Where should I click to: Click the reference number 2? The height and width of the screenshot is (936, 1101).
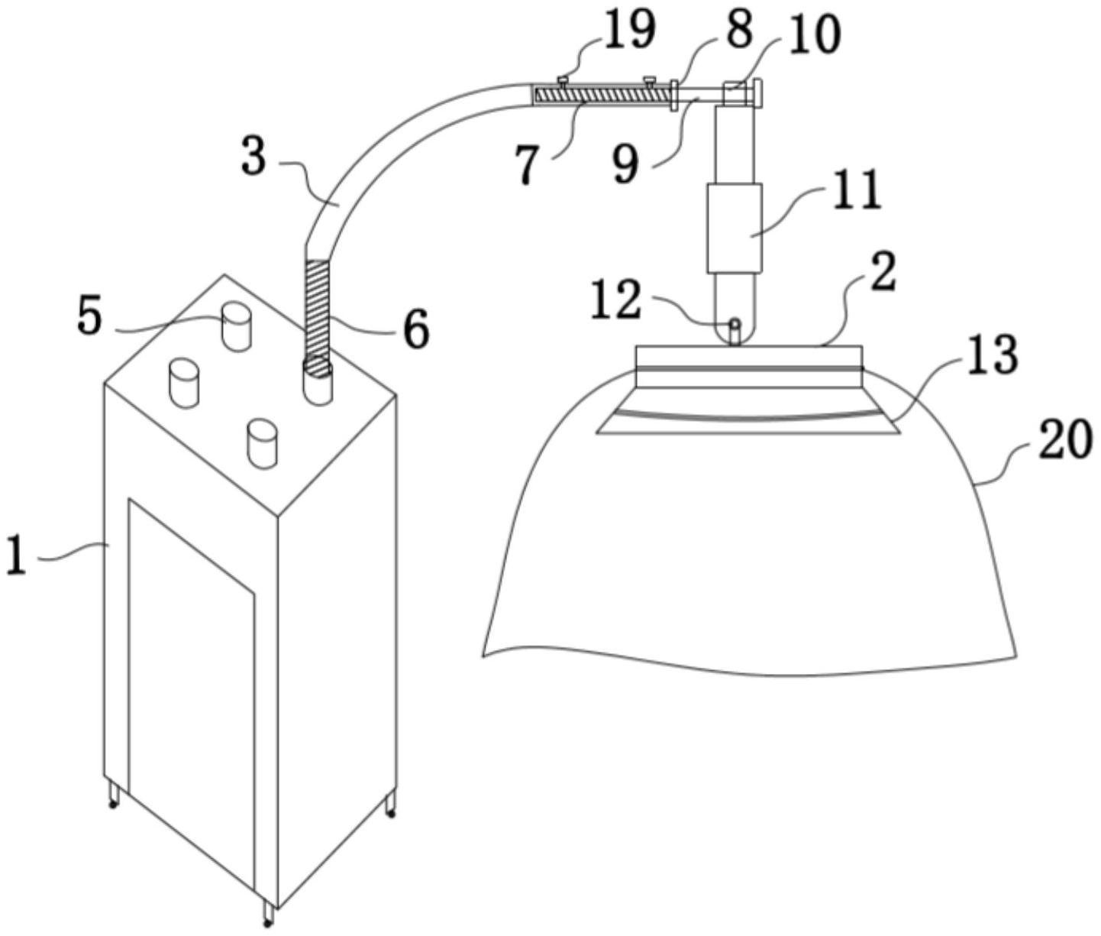(883, 273)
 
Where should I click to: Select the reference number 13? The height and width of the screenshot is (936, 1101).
(992, 355)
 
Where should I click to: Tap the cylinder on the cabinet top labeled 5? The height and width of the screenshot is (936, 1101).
(237, 327)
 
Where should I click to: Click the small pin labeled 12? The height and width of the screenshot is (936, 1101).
(735, 332)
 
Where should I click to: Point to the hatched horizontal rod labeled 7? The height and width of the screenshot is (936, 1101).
(602, 96)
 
